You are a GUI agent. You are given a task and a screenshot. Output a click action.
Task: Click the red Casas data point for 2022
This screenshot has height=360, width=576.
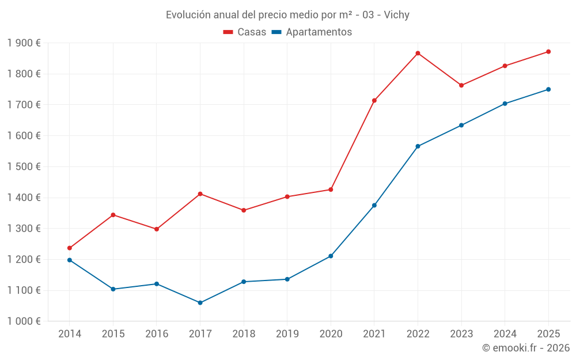pos(418,53)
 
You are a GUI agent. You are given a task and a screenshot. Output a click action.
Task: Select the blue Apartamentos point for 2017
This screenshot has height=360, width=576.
pos(200,302)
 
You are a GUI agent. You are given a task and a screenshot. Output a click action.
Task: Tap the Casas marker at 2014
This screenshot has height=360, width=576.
pos(70,248)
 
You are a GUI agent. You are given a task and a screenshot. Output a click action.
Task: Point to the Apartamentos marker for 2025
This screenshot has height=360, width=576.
pos(548,89)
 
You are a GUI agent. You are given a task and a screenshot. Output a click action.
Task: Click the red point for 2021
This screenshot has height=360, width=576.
pos(374,100)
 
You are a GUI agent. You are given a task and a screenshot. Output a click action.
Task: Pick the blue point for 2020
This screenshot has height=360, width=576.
pos(331,256)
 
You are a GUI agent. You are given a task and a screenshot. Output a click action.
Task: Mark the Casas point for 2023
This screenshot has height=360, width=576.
pos(461,85)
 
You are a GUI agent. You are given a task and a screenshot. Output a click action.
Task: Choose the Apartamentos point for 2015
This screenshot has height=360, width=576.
pos(113,289)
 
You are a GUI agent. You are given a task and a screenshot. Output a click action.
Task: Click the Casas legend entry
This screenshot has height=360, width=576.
pos(245,32)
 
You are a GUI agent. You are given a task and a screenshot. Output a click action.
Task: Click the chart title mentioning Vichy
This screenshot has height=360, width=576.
pos(287,15)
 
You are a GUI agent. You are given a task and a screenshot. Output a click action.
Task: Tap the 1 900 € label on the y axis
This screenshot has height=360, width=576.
pos(24,43)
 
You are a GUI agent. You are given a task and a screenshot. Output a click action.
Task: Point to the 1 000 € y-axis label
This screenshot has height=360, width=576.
pos(24,321)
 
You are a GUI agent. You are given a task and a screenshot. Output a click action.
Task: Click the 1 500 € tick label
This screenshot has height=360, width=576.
pos(24,167)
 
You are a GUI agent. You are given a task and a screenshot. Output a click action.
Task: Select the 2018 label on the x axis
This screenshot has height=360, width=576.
pos(244,334)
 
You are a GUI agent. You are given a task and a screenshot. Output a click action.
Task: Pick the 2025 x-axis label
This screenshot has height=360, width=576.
pos(548,334)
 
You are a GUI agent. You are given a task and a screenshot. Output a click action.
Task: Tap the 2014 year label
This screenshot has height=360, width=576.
pos(70,334)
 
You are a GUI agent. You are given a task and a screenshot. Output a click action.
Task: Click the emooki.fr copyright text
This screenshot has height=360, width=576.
pos(526,348)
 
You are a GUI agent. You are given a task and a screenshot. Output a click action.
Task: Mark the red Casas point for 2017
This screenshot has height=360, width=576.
pos(200,194)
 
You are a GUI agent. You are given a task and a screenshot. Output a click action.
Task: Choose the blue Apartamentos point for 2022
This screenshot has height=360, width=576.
pos(418,146)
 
